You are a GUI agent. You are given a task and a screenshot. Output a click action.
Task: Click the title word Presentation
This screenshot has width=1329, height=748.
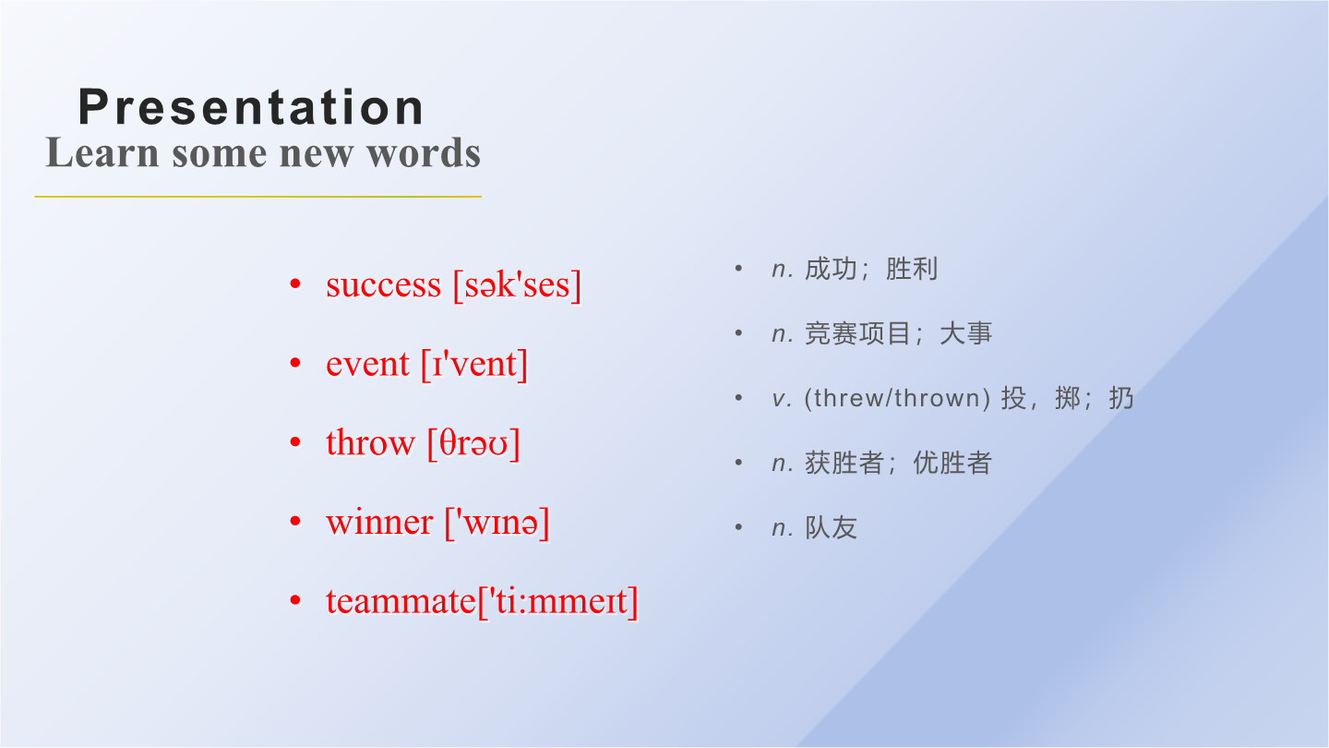tap(251, 107)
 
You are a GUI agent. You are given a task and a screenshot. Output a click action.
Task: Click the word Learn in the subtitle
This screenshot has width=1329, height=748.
tap(102, 152)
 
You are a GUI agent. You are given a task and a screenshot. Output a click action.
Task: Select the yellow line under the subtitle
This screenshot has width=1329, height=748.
tap(258, 196)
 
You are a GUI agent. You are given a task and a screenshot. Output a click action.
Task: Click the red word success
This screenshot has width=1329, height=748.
tap(384, 285)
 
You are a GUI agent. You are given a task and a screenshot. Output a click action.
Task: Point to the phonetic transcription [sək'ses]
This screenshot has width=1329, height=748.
tap(517, 285)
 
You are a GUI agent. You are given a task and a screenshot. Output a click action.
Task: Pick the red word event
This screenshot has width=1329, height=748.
tap(367, 364)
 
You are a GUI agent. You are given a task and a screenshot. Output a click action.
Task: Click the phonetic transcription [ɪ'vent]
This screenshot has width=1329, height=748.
tap(474, 364)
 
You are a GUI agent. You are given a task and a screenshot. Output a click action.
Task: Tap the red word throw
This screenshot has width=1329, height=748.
tap(370, 443)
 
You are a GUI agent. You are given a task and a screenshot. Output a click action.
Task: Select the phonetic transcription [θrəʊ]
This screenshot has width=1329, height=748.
tap(473, 443)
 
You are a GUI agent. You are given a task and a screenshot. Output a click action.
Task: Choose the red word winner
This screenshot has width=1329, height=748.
tap(379, 523)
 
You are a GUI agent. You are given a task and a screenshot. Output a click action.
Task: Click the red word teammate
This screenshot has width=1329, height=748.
tap(401, 601)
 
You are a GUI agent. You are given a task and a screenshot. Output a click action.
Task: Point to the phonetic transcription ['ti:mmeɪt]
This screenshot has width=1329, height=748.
tap(557, 601)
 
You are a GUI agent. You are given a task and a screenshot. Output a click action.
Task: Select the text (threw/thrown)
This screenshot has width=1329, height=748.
tap(897, 398)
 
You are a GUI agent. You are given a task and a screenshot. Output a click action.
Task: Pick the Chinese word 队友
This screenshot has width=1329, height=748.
tap(831, 528)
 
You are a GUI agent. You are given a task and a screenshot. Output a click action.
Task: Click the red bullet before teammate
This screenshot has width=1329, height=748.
tap(295, 600)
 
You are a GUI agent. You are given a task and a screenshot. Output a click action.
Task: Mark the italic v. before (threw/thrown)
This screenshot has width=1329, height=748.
tap(782, 399)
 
